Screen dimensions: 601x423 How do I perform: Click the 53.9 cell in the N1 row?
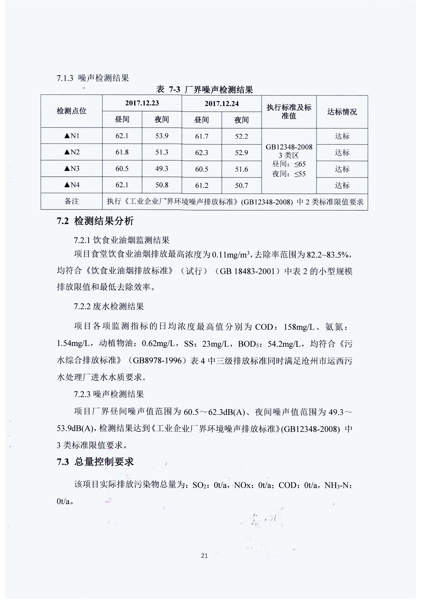click(x=162, y=136)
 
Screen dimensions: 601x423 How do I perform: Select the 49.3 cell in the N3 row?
click(x=162, y=169)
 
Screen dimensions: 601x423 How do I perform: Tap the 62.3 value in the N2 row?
click(x=202, y=153)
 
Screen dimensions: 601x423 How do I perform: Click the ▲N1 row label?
click(x=72, y=136)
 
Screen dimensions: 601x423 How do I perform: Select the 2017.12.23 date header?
click(x=142, y=103)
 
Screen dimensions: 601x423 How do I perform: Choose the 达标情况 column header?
click(x=342, y=112)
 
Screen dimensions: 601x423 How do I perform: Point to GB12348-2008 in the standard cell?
click(x=289, y=147)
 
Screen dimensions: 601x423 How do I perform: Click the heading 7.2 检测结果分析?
click(x=95, y=221)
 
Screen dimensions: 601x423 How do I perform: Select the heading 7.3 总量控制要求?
click(x=95, y=462)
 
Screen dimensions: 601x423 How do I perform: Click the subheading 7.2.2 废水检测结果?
click(x=109, y=306)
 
